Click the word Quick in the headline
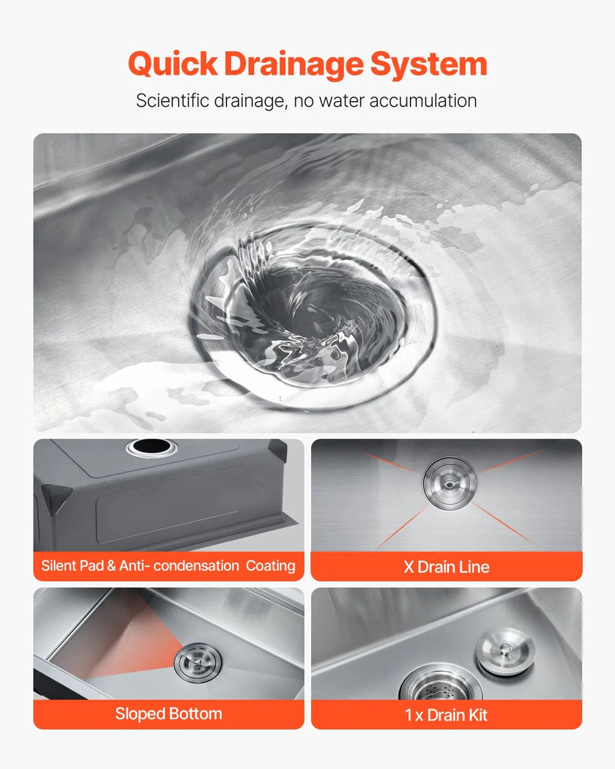(x=173, y=64)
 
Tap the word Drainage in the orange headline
(x=294, y=64)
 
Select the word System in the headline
(x=428, y=64)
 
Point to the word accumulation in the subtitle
(x=422, y=100)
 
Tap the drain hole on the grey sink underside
(x=151, y=446)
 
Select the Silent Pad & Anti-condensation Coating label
(x=168, y=566)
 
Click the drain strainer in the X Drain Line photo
(x=450, y=483)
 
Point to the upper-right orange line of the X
(x=510, y=461)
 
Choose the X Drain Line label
(x=447, y=567)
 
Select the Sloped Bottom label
(x=168, y=713)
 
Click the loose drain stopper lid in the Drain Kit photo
(x=504, y=651)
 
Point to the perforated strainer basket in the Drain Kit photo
(x=441, y=684)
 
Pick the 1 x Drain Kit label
(x=447, y=715)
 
